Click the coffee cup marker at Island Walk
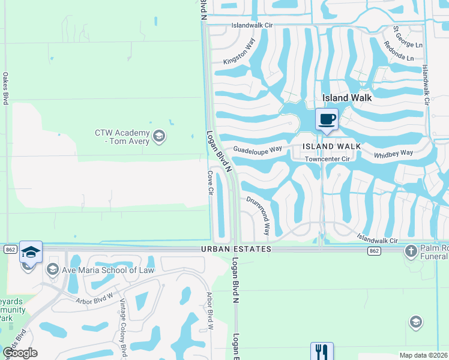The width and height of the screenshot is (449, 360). [x=327, y=119]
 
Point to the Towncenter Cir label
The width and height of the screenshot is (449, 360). [x=327, y=159]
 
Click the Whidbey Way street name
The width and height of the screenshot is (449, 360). [x=394, y=154]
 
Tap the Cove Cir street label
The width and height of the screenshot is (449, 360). [x=211, y=183]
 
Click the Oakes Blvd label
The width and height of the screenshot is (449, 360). [x=5, y=89]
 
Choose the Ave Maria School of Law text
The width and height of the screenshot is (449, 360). [x=108, y=270]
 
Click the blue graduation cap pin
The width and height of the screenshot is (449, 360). [x=31, y=252]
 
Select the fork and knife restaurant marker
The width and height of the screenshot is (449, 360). [x=321, y=351]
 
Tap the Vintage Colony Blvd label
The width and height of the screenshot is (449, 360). [x=123, y=327]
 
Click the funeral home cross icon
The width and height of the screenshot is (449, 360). [x=411, y=250]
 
